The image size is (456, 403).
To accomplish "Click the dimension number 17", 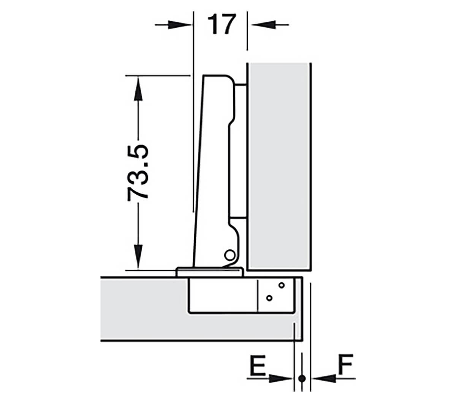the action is pos(222,24).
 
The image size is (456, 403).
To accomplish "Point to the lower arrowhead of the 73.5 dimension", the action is pos(138,257).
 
